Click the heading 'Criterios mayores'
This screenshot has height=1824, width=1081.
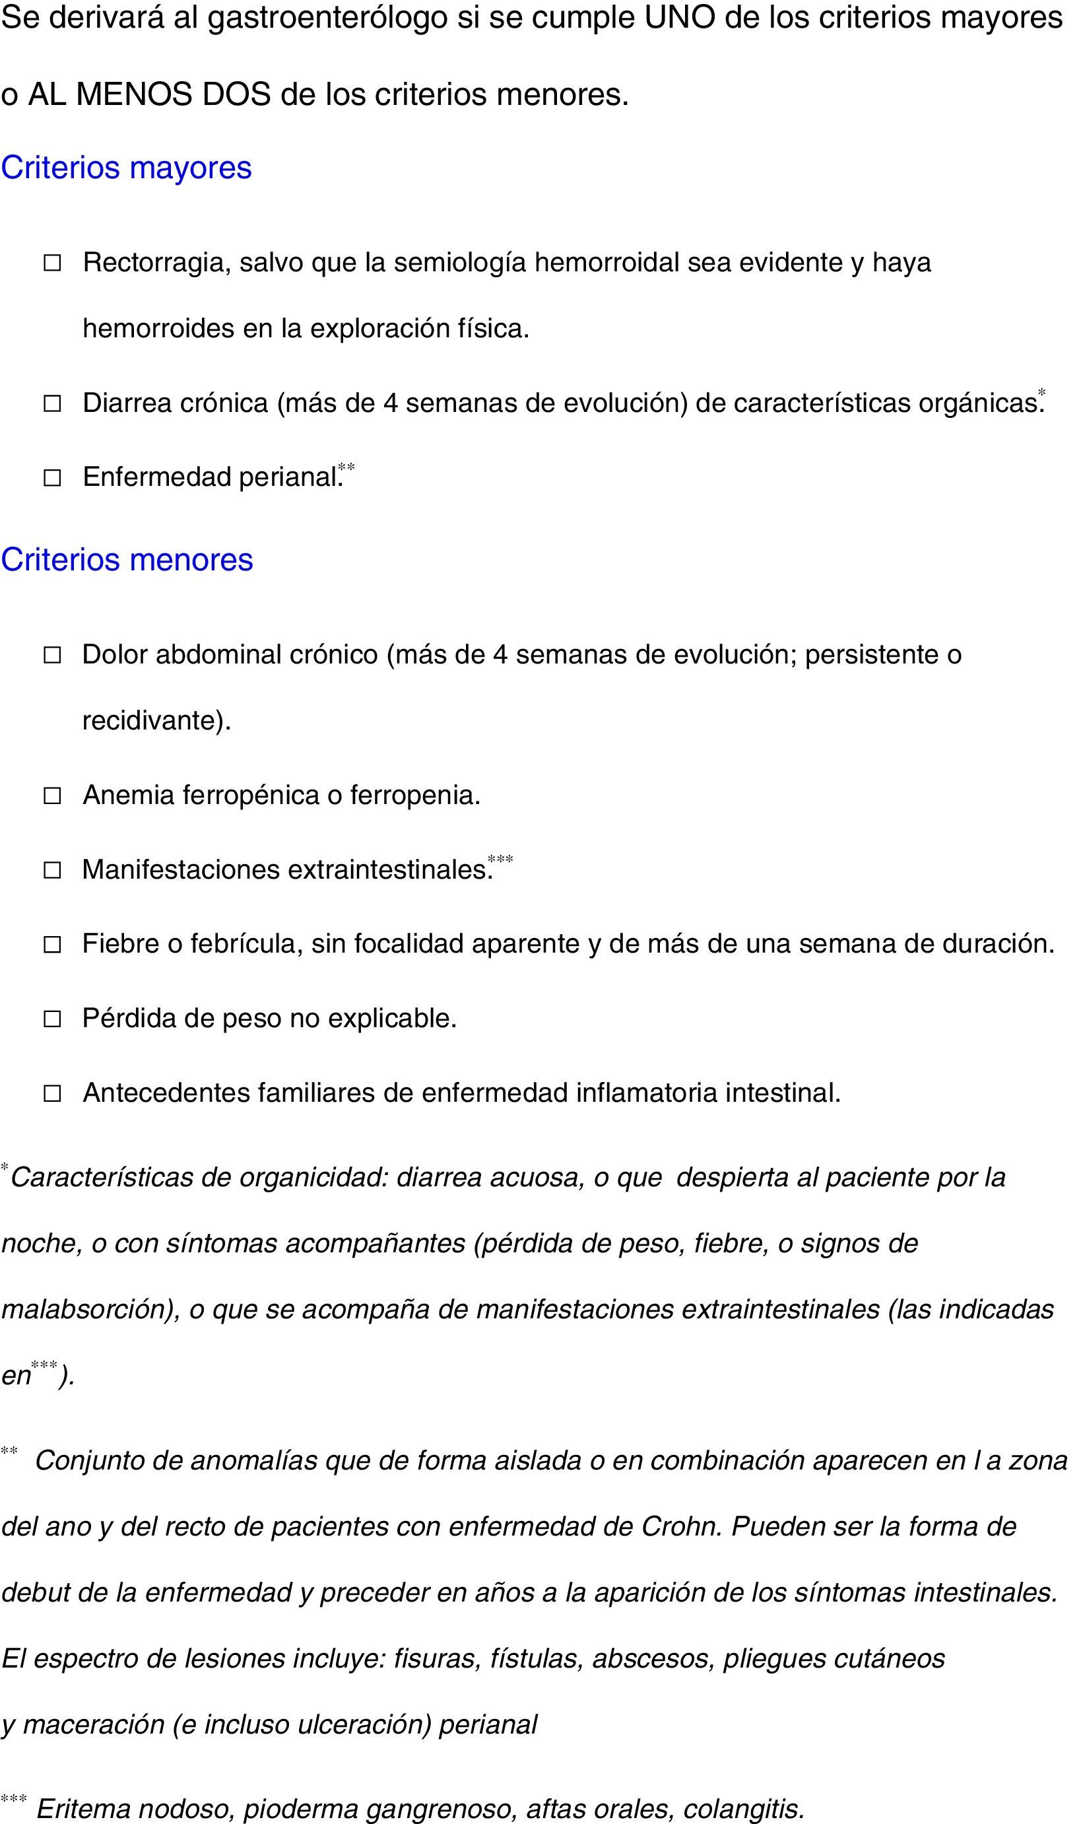point(126,168)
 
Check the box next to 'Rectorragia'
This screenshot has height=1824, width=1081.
point(52,263)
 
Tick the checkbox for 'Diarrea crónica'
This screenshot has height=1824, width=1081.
point(52,403)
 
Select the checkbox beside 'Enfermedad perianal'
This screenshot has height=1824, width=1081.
point(52,478)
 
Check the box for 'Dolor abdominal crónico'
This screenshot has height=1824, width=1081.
point(52,656)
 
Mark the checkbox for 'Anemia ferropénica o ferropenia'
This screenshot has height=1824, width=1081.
point(52,796)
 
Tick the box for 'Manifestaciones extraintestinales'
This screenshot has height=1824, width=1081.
point(52,871)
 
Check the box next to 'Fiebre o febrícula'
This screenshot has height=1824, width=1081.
point(52,945)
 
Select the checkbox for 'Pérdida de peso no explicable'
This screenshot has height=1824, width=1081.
point(52,1019)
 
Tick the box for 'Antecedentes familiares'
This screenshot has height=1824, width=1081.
point(52,1093)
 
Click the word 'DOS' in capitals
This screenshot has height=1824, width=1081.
point(236,94)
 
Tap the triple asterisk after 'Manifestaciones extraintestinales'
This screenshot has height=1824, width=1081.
point(500,860)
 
